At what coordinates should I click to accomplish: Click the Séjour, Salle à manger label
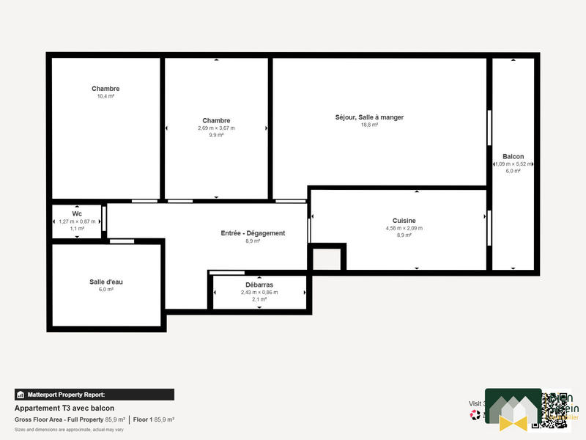(x=369, y=117)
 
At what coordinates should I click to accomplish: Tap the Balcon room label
(x=513, y=156)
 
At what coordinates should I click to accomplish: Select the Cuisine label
(x=404, y=220)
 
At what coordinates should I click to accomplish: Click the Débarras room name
(x=259, y=285)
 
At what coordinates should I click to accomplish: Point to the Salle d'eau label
(x=106, y=282)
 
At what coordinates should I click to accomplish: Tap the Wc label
(x=77, y=213)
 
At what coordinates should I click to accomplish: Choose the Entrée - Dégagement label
(x=253, y=233)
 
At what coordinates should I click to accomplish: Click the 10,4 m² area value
(x=105, y=96)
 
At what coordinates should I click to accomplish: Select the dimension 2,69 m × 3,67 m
(x=216, y=128)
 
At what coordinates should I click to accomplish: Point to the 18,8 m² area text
(x=369, y=125)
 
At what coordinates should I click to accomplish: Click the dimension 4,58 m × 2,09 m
(x=404, y=228)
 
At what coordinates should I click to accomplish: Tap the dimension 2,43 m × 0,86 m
(x=259, y=292)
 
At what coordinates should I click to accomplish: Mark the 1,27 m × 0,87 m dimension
(x=77, y=221)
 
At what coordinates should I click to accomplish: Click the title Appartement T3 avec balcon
(x=64, y=408)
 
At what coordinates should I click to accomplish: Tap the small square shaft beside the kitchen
(x=327, y=259)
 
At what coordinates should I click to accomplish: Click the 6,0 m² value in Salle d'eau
(x=106, y=290)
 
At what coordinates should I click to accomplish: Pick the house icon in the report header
(x=21, y=395)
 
